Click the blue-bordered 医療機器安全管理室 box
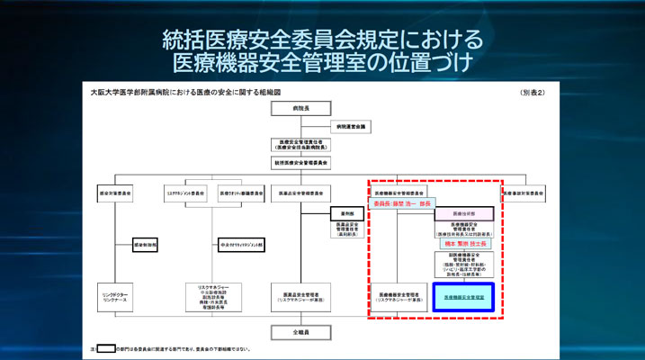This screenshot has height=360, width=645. pyautogui.click(x=462, y=296)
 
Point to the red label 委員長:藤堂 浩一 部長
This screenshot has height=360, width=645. pyautogui.click(x=401, y=203)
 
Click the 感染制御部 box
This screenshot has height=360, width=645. pyautogui.click(x=146, y=244)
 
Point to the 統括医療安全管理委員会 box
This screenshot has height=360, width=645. pyautogui.click(x=296, y=163)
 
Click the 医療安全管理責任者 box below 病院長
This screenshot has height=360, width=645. pyautogui.click(x=296, y=144)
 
